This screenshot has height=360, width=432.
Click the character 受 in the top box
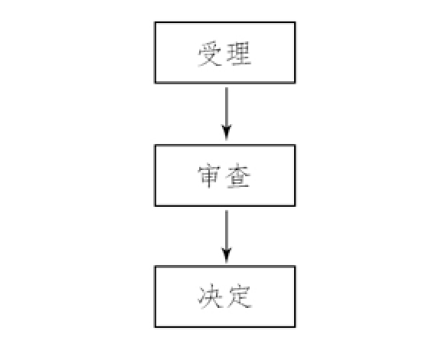click(x=209, y=54)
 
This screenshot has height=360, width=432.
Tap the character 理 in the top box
click(x=238, y=54)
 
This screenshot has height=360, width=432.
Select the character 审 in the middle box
click(x=209, y=175)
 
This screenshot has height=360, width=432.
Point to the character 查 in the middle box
click(x=238, y=176)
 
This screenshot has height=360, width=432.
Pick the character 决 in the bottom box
click(x=210, y=296)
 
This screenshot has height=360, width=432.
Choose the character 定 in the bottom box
click(x=239, y=297)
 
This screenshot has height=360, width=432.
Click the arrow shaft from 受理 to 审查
click(x=227, y=107)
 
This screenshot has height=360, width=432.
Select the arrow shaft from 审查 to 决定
click(x=227, y=230)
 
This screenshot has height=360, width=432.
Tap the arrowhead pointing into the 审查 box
click(x=227, y=133)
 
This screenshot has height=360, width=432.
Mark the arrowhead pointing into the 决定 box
click(x=227, y=256)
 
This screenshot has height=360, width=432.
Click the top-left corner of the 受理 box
click(x=155, y=22)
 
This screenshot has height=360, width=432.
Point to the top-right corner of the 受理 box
click(x=295, y=22)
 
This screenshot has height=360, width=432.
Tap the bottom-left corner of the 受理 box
click(x=155, y=83)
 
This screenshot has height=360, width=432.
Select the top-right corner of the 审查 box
click(x=295, y=146)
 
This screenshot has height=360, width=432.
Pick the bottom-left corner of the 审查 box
click(x=155, y=205)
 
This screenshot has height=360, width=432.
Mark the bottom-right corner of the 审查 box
click(x=295, y=205)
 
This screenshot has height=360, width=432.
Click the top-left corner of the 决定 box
click(x=155, y=267)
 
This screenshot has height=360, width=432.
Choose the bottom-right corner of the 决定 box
click(x=295, y=327)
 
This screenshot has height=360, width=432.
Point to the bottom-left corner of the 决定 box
click(x=155, y=327)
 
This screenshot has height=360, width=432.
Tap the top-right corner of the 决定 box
click(x=295, y=267)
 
